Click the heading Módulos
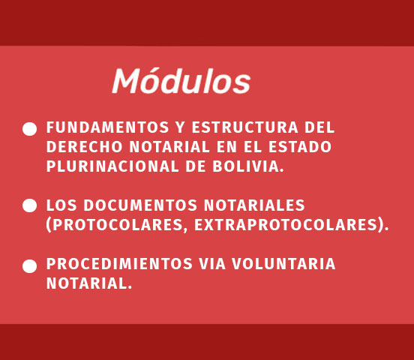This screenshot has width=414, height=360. [x=181, y=81]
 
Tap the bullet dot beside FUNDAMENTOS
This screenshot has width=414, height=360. [x=29, y=129]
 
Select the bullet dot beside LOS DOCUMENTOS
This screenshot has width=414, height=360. [x=29, y=205]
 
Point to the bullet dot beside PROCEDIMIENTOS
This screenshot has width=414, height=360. [x=29, y=266]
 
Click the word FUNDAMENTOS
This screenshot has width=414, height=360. [x=108, y=127]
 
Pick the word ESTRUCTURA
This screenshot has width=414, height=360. [x=244, y=127]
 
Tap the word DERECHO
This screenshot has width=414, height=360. [x=85, y=147]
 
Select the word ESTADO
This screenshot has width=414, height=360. [x=300, y=147]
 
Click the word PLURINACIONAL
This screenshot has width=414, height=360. [x=112, y=166]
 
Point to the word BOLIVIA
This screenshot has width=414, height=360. [x=246, y=166]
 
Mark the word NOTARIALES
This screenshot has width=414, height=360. [x=254, y=205]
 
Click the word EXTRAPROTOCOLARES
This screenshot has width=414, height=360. [x=286, y=225]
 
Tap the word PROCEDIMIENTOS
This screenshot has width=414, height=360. [x=119, y=264]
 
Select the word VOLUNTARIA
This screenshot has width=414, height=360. [x=283, y=264]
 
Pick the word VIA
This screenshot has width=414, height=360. [x=212, y=264]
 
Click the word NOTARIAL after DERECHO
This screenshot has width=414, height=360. [x=169, y=147]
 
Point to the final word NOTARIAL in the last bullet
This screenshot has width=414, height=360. [x=86, y=283]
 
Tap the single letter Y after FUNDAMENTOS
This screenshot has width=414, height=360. [x=180, y=127]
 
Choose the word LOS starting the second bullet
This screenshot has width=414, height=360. [x=61, y=205]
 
